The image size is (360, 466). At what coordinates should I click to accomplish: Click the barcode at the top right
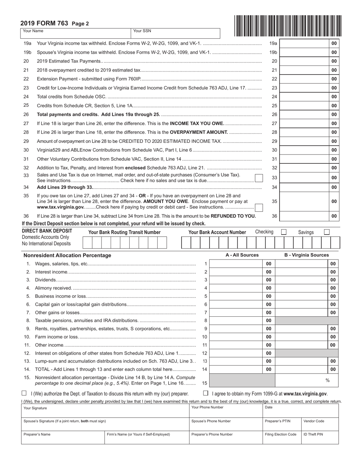click(288, 25)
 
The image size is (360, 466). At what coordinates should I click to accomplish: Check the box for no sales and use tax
click(258, 178)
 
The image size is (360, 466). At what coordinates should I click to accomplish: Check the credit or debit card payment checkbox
click(258, 207)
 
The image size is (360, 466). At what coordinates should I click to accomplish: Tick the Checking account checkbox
click(283, 232)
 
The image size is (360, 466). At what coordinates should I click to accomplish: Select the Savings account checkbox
click(327, 232)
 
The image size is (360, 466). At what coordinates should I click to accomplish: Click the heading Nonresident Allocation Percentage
click(67, 255)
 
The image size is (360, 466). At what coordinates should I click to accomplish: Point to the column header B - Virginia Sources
click(307, 255)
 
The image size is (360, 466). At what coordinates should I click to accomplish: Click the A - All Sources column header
click(242, 255)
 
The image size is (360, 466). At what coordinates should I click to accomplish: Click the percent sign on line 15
click(327, 380)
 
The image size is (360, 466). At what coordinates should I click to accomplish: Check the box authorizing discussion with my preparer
click(24, 393)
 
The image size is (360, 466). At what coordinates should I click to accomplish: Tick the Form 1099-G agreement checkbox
click(206, 393)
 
